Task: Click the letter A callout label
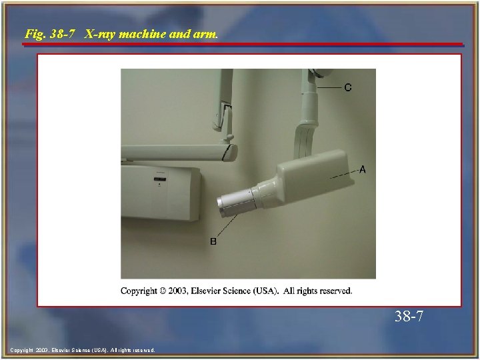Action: [363, 170]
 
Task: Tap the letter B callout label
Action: [213, 241]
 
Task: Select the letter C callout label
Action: [348, 87]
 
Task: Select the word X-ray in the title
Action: [101, 33]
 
